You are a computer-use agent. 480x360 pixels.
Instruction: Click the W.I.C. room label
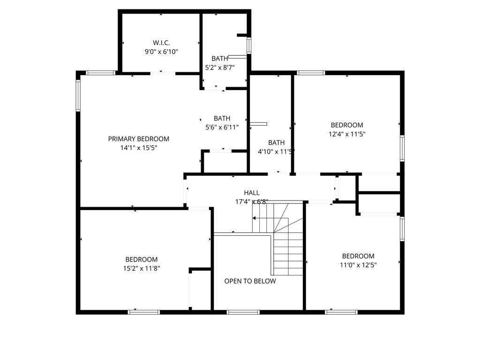click(161, 43)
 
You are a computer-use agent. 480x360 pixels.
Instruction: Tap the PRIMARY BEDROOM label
click(139, 139)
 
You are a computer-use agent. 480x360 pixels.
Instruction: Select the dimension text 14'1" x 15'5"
click(139, 148)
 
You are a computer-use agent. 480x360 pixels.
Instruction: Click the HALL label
click(252, 193)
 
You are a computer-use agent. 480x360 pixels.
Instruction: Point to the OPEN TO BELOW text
click(250, 281)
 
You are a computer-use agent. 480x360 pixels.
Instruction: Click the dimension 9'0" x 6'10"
click(161, 52)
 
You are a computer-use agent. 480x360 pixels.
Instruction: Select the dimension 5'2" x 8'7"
click(220, 67)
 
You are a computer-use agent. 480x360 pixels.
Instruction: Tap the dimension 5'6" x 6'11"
click(222, 127)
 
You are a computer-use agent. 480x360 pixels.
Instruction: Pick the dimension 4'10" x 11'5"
click(276, 151)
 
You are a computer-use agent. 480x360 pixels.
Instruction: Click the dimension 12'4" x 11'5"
click(347, 134)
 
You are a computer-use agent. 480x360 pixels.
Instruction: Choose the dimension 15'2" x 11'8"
click(142, 269)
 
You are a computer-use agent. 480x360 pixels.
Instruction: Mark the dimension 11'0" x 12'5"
click(358, 265)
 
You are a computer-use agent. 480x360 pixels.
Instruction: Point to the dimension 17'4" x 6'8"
click(252, 202)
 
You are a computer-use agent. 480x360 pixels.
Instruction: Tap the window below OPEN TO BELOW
click(243, 312)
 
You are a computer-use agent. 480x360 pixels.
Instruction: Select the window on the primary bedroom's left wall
click(78, 95)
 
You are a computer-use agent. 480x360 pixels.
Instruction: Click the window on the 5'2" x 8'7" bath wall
click(249, 45)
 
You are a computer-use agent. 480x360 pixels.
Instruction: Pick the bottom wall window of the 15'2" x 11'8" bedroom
click(143, 312)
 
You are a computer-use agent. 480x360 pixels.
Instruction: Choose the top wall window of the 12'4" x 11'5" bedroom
click(311, 73)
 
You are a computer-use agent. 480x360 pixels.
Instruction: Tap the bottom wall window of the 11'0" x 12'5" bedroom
click(341, 312)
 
